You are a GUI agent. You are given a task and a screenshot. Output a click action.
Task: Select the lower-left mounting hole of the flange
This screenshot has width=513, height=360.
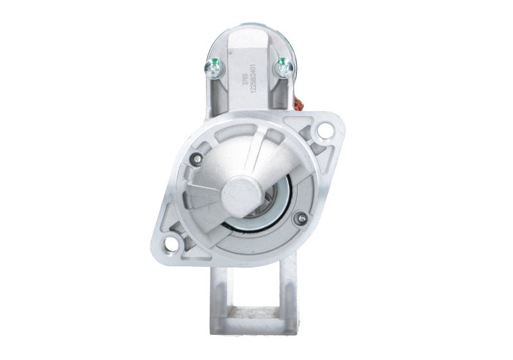click(x=171, y=243)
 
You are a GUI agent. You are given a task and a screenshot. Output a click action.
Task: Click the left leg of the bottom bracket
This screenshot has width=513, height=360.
click(x=218, y=302)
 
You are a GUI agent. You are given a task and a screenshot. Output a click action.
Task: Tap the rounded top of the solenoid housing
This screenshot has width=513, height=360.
click(x=247, y=32)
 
